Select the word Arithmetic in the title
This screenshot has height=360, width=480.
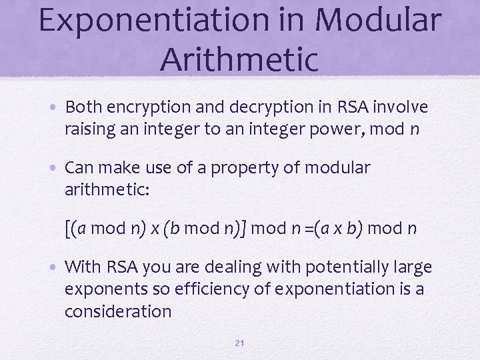point(239,59)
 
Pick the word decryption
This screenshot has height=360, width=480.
point(259,107)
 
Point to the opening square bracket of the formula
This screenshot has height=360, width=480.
point(69,229)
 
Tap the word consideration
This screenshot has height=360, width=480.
point(118,311)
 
